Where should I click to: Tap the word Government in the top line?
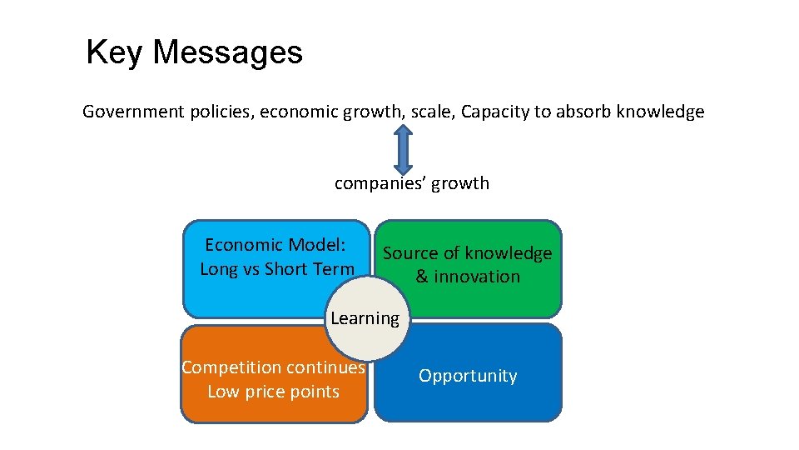tap(127, 112)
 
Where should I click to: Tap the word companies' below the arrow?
tap(375, 183)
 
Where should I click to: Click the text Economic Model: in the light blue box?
tap(275, 245)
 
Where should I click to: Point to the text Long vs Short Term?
tap(277, 269)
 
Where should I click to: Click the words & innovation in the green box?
tap(468, 277)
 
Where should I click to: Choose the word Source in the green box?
tap(409, 253)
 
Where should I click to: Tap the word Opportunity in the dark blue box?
tap(468, 376)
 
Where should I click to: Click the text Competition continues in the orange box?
tap(273, 367)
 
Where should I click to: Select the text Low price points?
tap(273, 392)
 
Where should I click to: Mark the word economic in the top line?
tap(298, 112)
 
